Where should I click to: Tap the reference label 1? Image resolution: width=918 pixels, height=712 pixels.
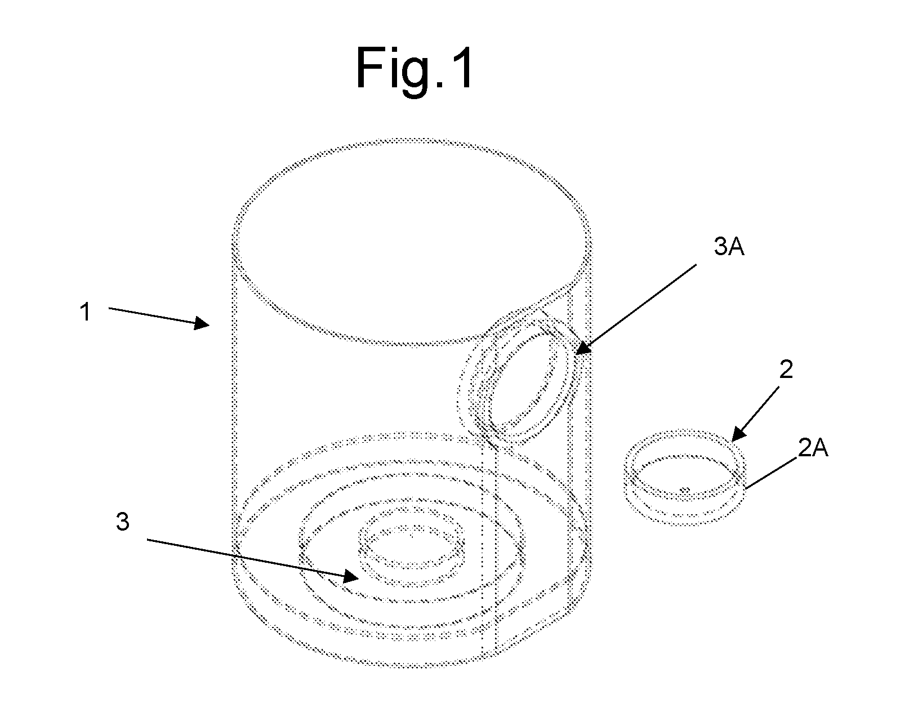(86, 312)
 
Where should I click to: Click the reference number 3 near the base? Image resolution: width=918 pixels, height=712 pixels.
(123, 522)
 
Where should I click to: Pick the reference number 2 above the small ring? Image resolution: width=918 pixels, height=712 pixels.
(786, 370)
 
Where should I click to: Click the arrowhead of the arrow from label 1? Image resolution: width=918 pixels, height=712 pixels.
(202, 323)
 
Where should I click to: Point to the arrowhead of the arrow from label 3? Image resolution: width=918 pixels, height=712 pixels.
(351, 576)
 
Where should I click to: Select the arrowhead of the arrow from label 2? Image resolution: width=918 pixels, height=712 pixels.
(738, 434)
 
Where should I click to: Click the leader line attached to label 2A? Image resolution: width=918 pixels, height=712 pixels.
(772, 473)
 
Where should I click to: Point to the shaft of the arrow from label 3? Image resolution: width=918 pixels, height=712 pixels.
(245, 557)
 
